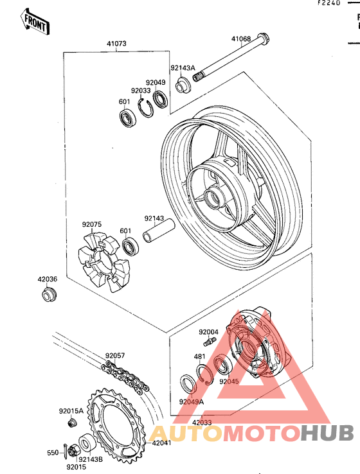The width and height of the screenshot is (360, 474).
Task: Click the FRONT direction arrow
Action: [35, 21]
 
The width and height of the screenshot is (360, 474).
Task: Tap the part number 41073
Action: [116, 44]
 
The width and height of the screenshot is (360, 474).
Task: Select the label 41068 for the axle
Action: [241, 39]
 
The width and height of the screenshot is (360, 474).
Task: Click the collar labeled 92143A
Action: [183, 85]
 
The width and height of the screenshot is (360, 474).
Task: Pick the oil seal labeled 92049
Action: [160, 98]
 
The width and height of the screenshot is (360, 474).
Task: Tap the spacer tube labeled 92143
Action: [159, 231]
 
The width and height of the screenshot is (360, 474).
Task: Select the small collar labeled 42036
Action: [49, 295]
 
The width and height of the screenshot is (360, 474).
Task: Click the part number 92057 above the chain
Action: [115, 356]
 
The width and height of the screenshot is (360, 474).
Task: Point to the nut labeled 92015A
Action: [72, 422]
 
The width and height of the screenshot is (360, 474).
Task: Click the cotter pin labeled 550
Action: [66, 449]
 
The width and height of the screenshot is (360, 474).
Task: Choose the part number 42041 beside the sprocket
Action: [161, 443]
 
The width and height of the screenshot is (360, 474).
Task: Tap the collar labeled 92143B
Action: [87, 444]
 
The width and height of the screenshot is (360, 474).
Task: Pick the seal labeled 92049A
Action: [188, 383]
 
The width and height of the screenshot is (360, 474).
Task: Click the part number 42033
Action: [202, 423]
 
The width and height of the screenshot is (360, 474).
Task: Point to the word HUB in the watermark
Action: [328, 433]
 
